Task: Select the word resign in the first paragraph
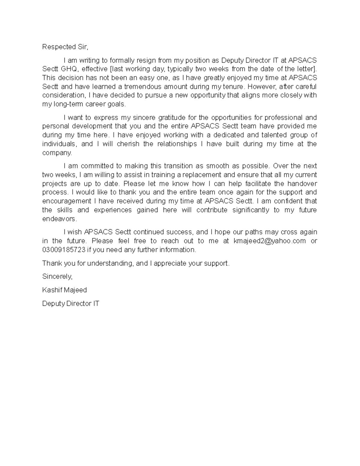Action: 146,60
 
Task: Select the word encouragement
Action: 67,201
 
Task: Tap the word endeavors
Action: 59,219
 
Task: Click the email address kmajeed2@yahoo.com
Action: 269,241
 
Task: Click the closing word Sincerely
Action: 57,277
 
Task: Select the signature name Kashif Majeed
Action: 64,290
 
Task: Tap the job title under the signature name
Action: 70,303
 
